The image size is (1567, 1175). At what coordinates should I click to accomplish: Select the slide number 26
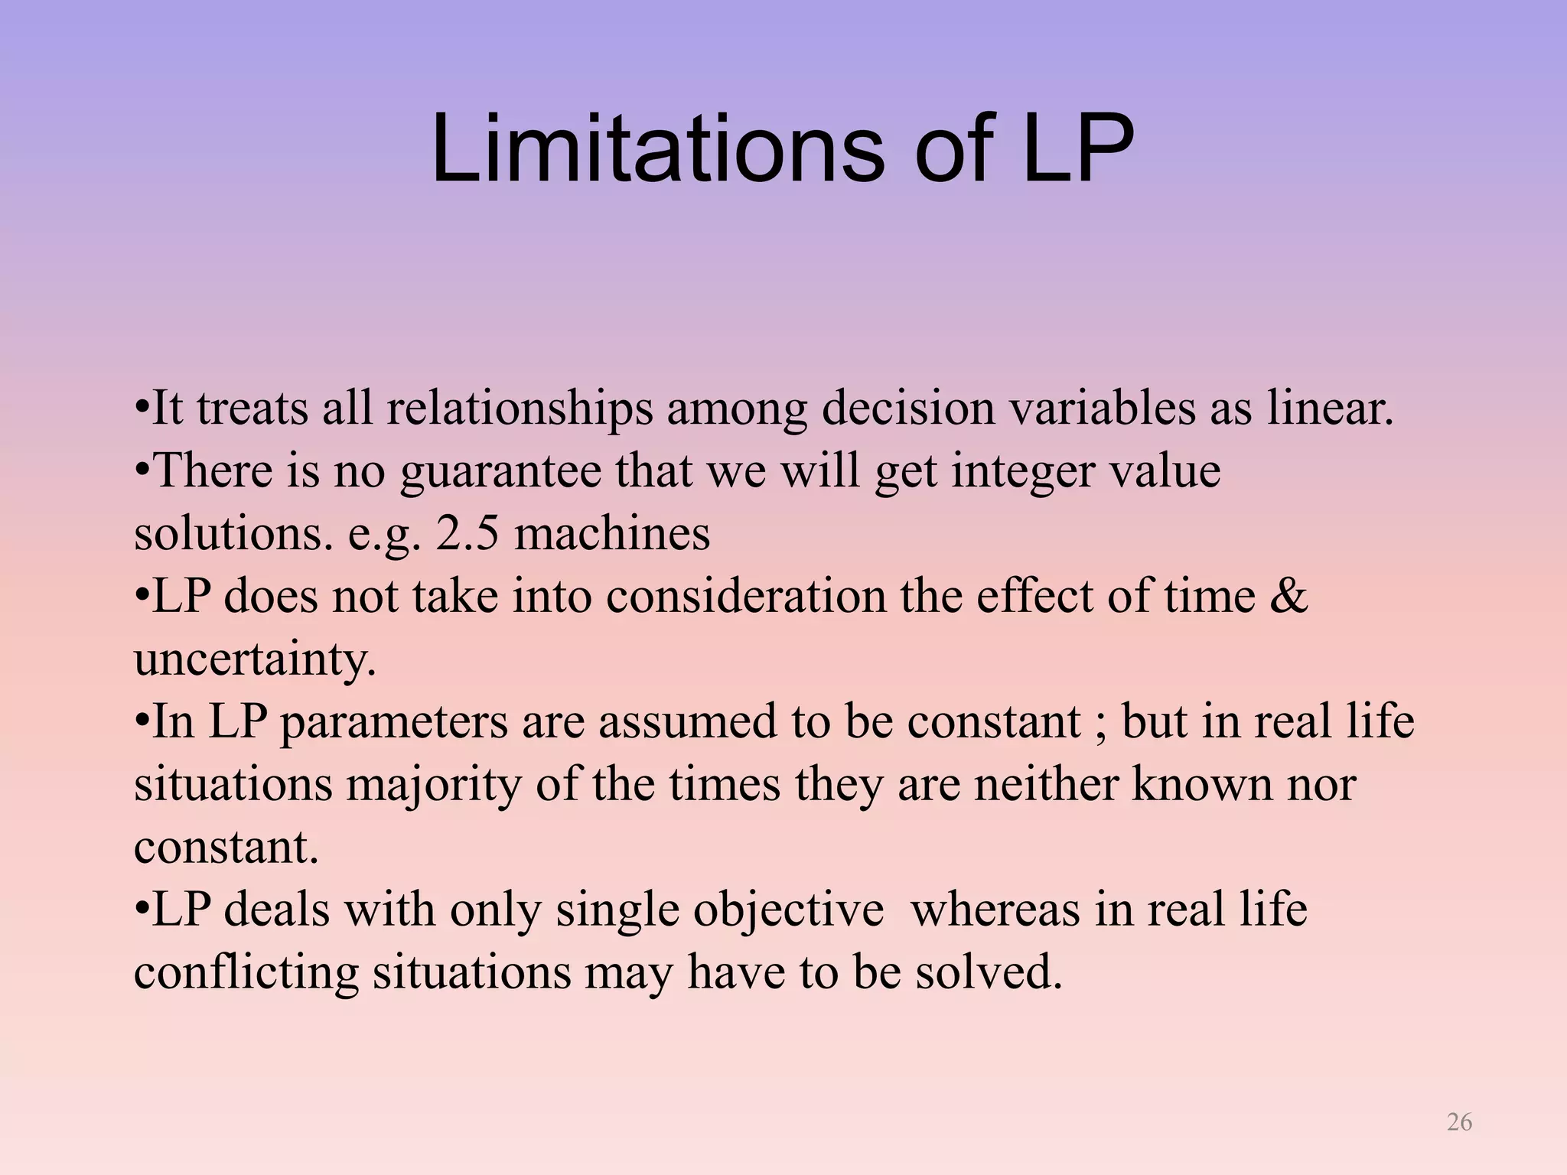pos(1459,1121)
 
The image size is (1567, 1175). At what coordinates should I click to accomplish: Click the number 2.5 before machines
pos(467,533)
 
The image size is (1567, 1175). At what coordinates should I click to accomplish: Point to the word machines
pos(611,533)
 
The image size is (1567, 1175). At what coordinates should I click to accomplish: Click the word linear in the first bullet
pos(1330,408)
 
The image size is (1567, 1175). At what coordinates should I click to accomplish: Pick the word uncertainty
pos(254,659)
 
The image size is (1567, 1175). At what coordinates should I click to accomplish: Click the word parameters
pos(394,722)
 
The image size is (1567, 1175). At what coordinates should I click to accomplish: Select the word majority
pos(433,786)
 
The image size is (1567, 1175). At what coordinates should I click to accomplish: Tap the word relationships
pos(520,409)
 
